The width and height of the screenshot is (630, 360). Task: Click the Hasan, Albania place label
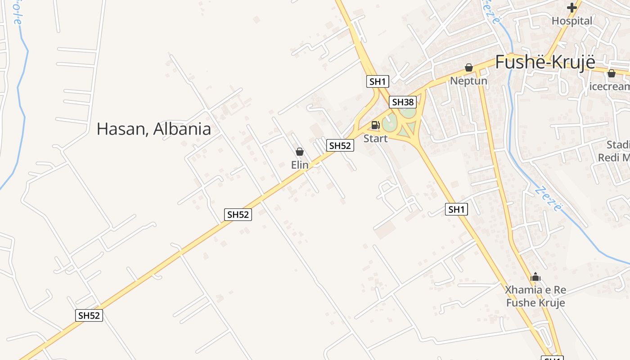click(x=153, y=129)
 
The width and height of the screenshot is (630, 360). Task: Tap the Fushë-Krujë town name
click(x=545, y=63)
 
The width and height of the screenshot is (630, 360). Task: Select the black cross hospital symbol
click(x=572, y=8)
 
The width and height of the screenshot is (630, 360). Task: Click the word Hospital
click(x=572, y=21)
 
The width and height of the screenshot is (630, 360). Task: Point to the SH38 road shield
click(x=402, y=102)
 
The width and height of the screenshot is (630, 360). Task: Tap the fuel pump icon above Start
click(x=375, y=125)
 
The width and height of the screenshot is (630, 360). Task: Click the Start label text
click(x=375, y=139)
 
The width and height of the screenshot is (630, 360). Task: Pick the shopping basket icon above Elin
click(x=300, y=152)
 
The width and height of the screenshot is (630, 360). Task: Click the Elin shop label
click(x=300, y=165)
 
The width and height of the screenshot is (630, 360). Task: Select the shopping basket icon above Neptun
click(x=469, y=68)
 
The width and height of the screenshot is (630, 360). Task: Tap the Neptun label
click(x=469, y=81)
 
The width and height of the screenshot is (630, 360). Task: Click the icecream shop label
click(x=610, y=86)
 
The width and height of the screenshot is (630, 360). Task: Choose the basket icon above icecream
click(x=611, y=73)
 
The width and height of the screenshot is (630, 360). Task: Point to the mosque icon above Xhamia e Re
click(x=535, y=277)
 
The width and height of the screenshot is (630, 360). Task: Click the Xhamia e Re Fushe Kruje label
click(x=535, y=296)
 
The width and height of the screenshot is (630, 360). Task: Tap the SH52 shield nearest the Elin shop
click(x=340, y=145)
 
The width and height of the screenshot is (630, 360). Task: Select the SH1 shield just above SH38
click(x=378, y=81)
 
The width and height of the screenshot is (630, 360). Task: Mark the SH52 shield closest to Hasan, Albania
click(x=238, y=215)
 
